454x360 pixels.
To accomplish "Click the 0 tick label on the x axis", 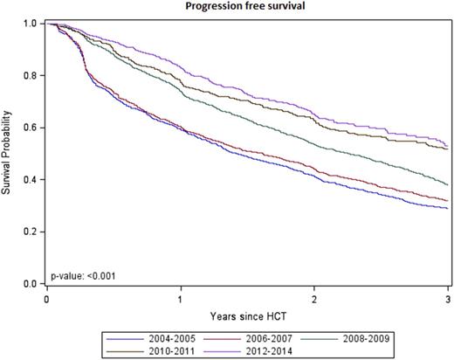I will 46,298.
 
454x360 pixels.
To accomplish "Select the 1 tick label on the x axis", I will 181,298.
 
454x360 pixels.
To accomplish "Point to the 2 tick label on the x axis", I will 315,298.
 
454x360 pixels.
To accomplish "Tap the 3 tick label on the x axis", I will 448,298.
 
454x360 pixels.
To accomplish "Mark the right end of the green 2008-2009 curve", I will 448,185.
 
